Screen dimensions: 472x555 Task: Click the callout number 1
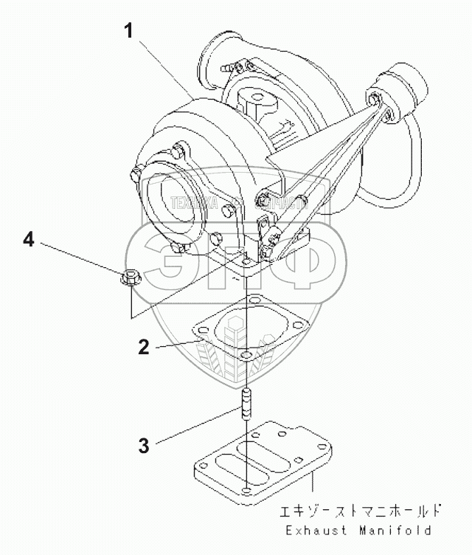(x=130, y=32)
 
